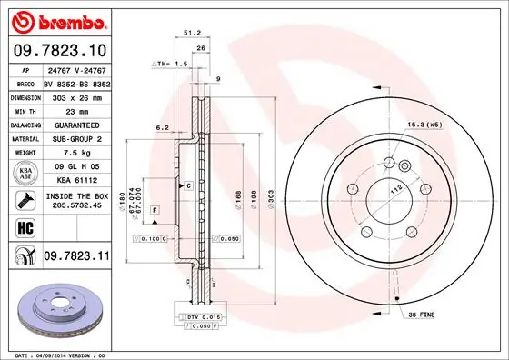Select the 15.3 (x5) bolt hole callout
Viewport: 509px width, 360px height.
(x=424, y=125)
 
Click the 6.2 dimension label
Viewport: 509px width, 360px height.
(x=162, y=128)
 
